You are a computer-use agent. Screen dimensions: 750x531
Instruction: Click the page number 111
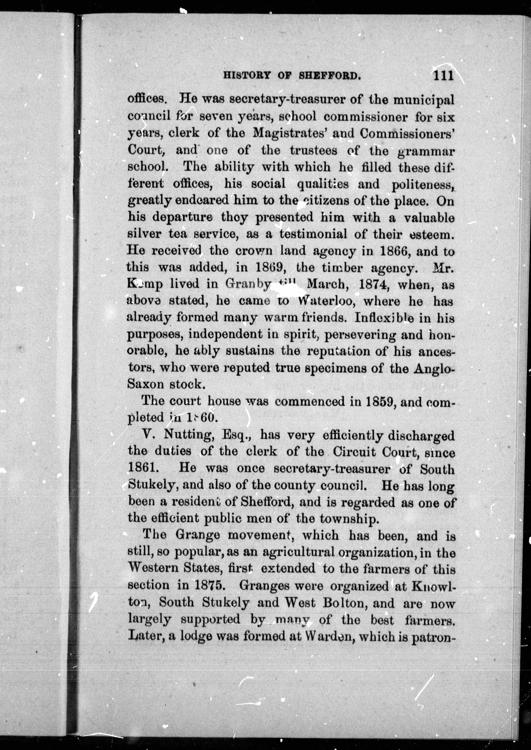[443, 76]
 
